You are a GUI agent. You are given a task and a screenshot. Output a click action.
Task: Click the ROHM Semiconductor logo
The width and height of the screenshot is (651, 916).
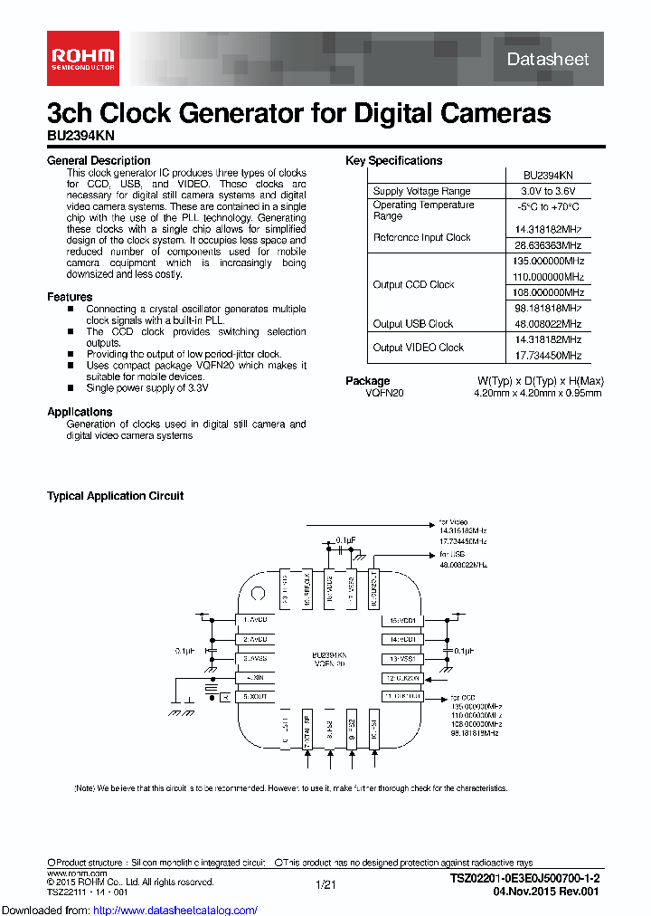pos(80,58)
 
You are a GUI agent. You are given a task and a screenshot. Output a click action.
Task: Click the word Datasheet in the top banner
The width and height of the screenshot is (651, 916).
pos(547,59)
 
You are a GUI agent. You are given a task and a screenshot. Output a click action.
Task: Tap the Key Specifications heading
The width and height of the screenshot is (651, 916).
pos(393,161)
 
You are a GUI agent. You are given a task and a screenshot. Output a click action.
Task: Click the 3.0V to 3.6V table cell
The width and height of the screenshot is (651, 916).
pos(549,191)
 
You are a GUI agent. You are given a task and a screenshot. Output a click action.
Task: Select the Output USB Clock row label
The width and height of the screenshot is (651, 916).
pos(413,324)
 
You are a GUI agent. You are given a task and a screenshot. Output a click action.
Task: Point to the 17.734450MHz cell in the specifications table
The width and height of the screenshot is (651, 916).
pos(549,356)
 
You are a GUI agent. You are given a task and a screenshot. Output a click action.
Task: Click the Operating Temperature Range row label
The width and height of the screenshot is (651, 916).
pos(423,211)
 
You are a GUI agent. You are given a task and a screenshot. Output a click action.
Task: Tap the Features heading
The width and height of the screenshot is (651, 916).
pos(70,297)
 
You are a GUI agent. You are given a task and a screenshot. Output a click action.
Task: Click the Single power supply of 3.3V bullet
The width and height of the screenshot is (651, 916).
pos(147,387)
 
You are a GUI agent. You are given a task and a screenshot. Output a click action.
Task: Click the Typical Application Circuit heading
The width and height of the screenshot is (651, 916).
pos(115,496)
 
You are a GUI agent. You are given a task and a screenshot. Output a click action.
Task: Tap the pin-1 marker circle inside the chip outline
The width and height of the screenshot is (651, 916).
pos(257,595)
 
